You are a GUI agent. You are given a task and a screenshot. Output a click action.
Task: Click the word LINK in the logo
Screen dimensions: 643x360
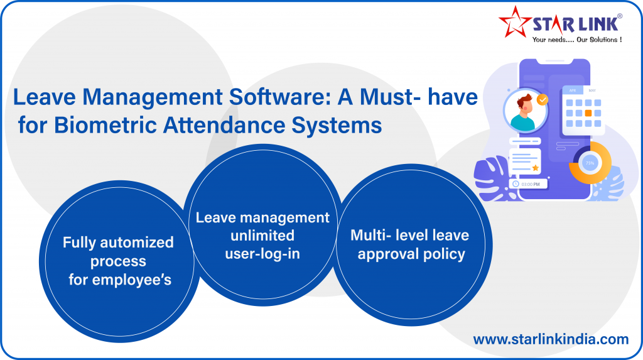click(598, 25)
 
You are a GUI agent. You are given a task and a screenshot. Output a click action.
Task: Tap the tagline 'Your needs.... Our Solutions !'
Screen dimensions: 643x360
click(577, 40)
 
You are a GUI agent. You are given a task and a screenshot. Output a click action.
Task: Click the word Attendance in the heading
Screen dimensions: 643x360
click(224, 125)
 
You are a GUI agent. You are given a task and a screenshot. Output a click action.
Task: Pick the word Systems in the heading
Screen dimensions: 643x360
click(337, 126)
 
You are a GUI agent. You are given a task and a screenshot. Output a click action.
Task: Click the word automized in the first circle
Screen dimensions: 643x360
click(136, 242)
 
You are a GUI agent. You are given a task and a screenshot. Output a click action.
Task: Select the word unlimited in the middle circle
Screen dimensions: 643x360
click(262, 236)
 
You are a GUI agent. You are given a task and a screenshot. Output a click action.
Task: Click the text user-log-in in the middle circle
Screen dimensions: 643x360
click(262, 254)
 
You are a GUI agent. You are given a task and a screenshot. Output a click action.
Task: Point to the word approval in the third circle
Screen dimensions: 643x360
click(388, 254)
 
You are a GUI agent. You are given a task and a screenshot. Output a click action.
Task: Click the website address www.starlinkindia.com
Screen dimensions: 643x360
click(551, 339)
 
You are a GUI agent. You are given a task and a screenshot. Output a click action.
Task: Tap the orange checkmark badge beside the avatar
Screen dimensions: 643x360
click(543, 100)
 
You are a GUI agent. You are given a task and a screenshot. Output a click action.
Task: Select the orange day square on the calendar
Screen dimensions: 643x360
click(588, 113)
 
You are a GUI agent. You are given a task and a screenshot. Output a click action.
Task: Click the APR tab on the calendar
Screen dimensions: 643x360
click(573, 90)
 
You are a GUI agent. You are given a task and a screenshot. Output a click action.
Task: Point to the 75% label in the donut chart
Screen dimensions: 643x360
click(590, 163)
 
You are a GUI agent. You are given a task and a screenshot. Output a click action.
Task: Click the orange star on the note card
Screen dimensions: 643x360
click(535, 168)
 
